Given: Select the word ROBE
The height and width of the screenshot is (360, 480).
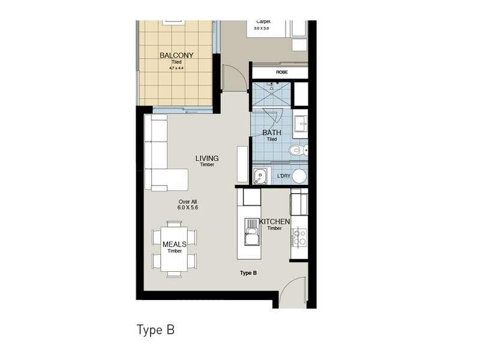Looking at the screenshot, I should (x=281, y=72).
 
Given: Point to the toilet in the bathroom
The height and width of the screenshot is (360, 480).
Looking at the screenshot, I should (x=295, y=150).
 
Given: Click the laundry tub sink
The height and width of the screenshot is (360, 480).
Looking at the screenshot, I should (x=260, y=176).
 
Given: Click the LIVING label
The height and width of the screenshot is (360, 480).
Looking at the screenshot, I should (x=207, y=158).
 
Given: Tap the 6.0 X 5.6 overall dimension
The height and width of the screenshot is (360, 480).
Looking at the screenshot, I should (x=187, y=207).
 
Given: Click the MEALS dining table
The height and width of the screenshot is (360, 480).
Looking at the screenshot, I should (x=175, y=247).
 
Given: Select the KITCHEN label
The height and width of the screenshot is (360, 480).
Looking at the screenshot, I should (x=274, y=222).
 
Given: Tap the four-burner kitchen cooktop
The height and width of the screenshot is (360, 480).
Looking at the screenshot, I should (x=299, y=236).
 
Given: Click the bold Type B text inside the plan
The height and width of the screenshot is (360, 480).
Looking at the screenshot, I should (x=248, y=273).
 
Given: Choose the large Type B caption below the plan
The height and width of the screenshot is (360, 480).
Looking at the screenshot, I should (x=155, y=330).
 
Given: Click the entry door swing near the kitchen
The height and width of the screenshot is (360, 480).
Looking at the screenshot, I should (x=294, y=294).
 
